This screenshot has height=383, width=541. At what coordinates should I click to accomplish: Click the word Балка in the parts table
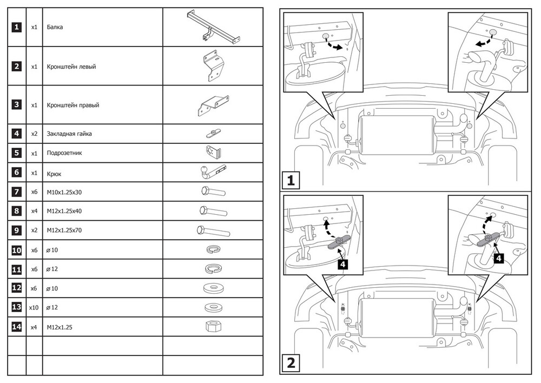pos(55,27)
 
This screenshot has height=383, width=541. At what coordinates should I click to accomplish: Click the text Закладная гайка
pos(69,134)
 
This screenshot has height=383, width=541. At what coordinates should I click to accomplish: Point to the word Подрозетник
pos(64,153)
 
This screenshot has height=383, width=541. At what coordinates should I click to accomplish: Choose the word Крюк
pos(54,173)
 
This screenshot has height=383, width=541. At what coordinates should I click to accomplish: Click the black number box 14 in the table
pos(17,327)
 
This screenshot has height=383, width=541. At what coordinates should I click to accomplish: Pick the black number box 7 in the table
pos(17,192)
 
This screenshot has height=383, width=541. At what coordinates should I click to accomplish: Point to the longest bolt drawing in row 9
pos(213,231)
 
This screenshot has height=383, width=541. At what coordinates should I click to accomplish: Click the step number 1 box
pos(291,180)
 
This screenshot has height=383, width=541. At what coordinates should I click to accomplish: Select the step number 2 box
pos(291,363)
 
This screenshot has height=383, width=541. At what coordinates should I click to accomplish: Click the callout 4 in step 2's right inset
pos(499,259)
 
